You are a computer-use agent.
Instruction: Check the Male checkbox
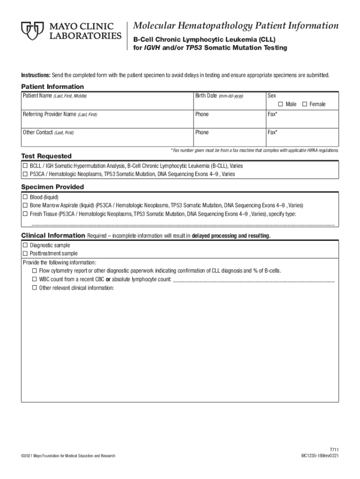click(x=281, y=104)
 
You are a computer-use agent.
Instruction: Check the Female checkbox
click(x=305, y=104)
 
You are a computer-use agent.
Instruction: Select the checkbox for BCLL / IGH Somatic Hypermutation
click(x=25, y=166)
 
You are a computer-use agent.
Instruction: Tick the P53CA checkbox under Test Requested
click(x=25, y=174)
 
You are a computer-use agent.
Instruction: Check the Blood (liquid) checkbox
click(x=25, y=197)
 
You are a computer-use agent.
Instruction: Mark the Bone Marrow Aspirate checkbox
click(x=25, y=205)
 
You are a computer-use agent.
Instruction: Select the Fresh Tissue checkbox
click(x=25, y=213)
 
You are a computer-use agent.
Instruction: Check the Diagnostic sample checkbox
click(x=25, y=245)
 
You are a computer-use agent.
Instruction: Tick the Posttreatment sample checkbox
click(x=25, y=254)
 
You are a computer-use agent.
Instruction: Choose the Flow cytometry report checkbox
click(x=35, y=271)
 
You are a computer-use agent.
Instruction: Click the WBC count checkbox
click(x=35, y=279)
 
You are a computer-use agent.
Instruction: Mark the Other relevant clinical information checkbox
click(x=35, y=288)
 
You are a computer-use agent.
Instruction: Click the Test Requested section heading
click(x=47, y=156)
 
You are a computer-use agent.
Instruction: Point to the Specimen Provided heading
click(x=53, y=187)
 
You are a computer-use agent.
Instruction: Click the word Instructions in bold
click(x=35, y=75)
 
